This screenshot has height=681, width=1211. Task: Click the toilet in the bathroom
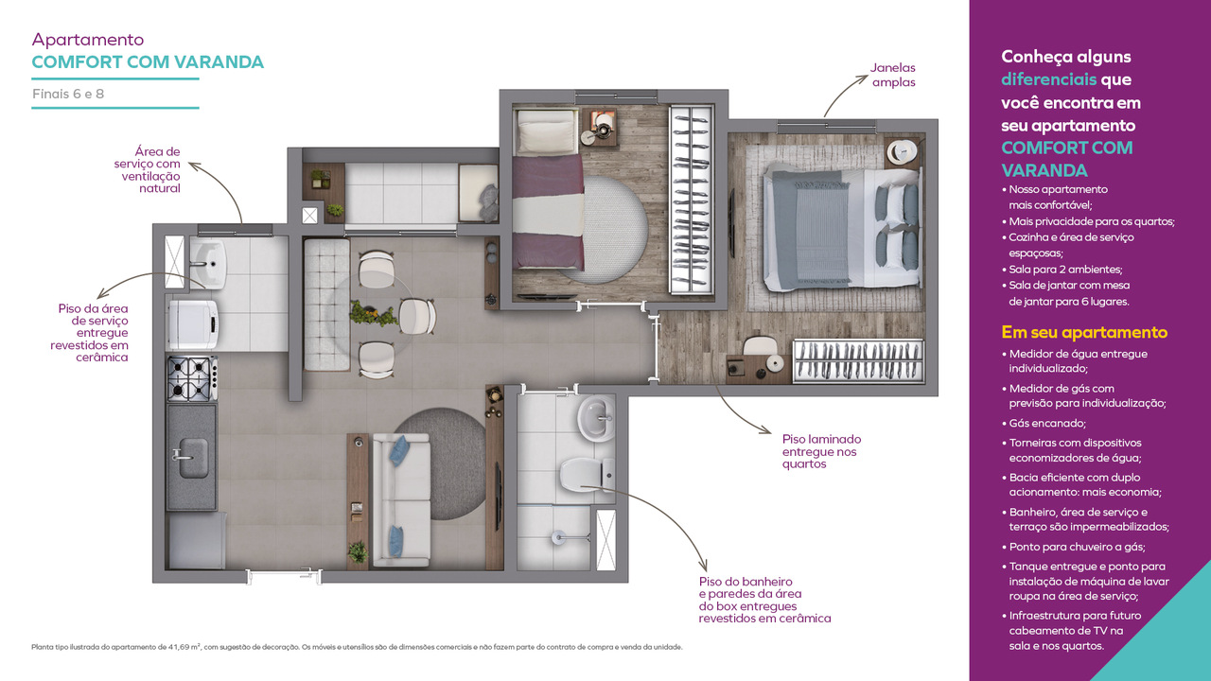(x=587, y=475)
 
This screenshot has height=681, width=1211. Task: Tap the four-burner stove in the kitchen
(x=192, y=378)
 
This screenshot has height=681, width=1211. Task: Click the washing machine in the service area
(x=193, y=324)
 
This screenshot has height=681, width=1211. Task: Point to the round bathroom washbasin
(x=596, y=419)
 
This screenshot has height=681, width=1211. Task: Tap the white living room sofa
(x=402, y=500)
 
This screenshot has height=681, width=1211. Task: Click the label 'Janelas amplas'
(x=892, y=75)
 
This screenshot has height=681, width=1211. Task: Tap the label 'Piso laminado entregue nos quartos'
(x=821, y=451)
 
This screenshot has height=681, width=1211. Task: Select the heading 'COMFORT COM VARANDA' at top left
(x=148, y=62)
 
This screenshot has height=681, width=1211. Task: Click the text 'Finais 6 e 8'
(x=68, y=94)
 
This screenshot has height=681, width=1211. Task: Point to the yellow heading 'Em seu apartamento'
(x=1084, y=332)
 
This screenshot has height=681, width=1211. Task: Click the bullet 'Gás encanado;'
(x=1047, y=423)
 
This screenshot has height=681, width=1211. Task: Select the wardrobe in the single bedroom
(x=691, y=200)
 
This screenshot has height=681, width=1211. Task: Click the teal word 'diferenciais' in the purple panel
(x=1048, y=79)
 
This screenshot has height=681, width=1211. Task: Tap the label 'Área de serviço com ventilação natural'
(x=147, y=169)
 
